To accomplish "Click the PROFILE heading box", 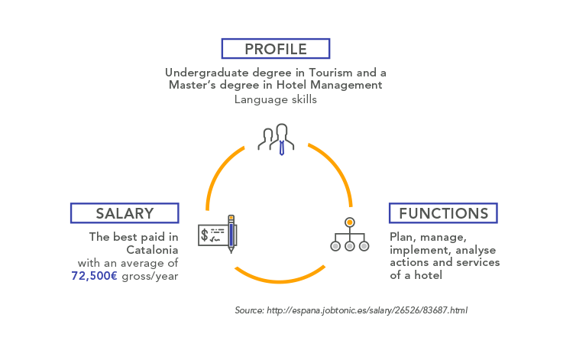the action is (x=276, y=49).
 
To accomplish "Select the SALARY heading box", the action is (x=125, y=213).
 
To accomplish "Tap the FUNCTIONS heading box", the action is (x=443, y=213).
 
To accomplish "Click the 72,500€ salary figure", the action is (x=95, y=276).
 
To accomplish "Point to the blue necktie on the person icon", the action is (x=282, y=148).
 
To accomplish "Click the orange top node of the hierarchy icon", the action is (x=350, y=222).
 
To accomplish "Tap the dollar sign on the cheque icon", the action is (x=205, y=235).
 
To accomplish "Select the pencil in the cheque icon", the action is (x=231, y=234).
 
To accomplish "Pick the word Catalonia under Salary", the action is (x=152, y=250).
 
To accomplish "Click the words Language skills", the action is (x=276, y=99).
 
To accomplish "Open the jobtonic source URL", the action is (x=367, y=310).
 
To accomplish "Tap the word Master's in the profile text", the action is (x=193, y=85).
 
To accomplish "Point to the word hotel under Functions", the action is (x=429, y=275).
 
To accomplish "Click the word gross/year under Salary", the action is (x=150, y=277).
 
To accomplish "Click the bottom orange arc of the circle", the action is (x=279, y=281).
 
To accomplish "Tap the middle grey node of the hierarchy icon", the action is (x=350, y=246).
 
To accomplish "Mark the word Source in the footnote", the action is (x=250, y=310).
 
